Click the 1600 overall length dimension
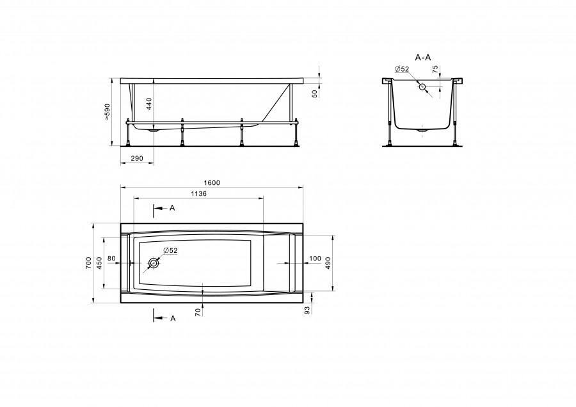(212, 183)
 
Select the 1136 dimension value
(198, 194)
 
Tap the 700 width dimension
(88, 263)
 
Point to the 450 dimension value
(99, 263)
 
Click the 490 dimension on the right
(328, 263)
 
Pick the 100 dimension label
(315, 259)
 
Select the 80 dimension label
(111, 259)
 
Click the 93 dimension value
(307, 310)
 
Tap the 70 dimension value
(198, 312)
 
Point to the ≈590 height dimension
(108, 112)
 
